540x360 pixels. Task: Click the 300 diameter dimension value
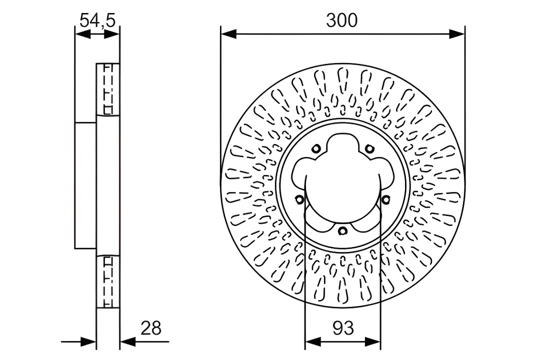pyautogui.click(x=342, y=20)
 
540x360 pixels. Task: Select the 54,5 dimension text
pyautogui.click(x=97, y=20)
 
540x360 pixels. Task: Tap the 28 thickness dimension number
pyautogui.click(x=151, y=328)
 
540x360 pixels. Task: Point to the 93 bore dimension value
pyautogui.click(x=342, y=328)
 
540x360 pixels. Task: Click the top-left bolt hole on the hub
pyautogui.click(x=316, y=148)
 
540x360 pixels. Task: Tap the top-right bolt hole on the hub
pyautogui.click(x=369, y=148)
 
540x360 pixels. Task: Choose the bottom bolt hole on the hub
pyautogui.click(x=342, y=230)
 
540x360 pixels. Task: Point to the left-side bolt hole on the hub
pyautogui.click(x=299, y=199)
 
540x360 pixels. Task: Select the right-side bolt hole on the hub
pyautogui.click(x=385, y=199)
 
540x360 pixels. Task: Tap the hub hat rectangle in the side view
pyautogui.click(x=85, y=185)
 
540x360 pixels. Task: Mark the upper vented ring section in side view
pyautogui.click(x=108, y=89)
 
